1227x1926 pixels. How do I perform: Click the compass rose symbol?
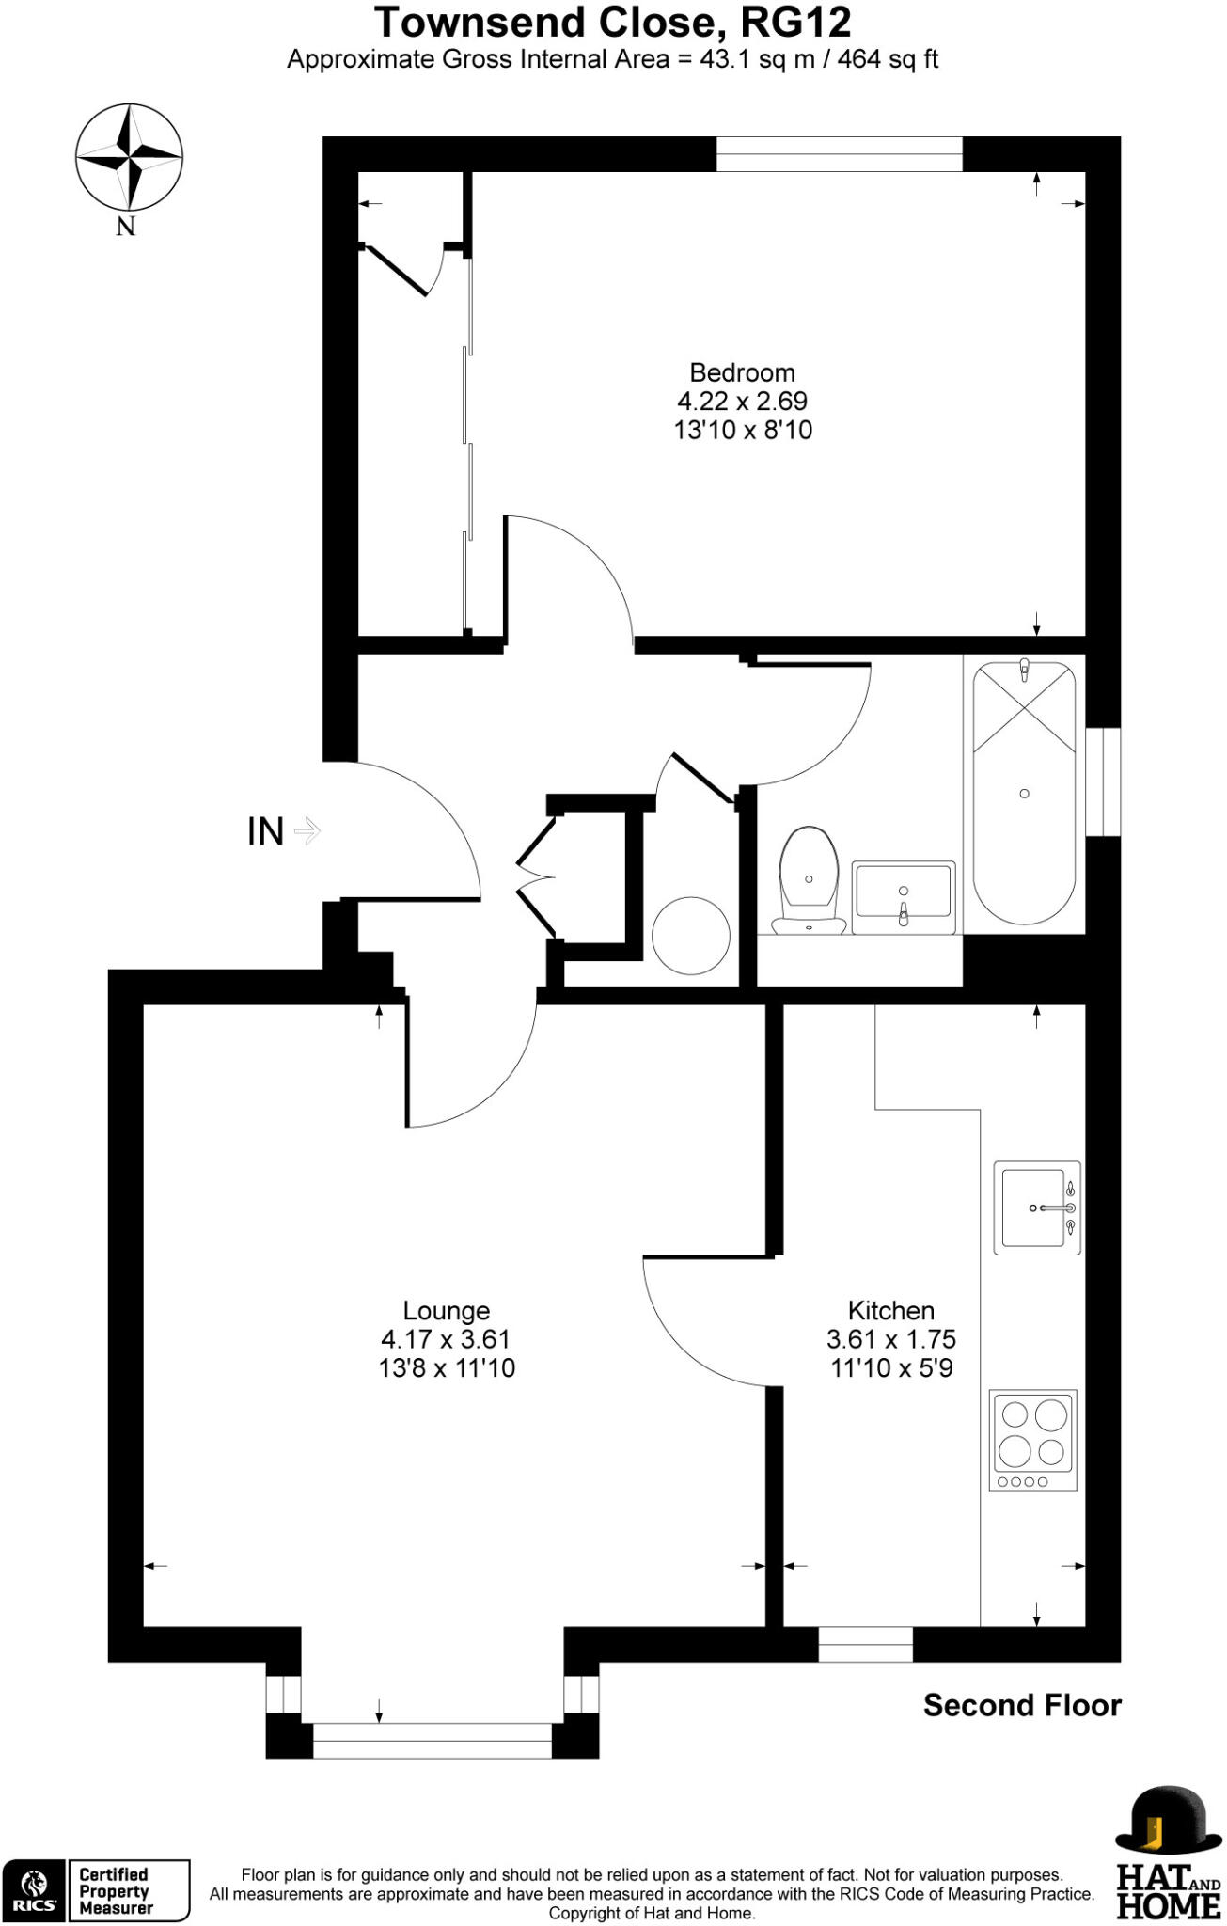click(129, 156)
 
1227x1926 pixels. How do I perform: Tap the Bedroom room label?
click(742, 372)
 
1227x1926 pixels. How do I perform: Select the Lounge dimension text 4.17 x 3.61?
click(447, 1339)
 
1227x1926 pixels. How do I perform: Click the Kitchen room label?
click(890, 1310)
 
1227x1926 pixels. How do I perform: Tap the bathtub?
click(1024, 793)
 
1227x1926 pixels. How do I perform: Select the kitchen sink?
click(1036, 1208)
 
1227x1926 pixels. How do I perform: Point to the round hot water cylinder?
click(691, 936)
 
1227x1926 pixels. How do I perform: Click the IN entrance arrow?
click(307, 830)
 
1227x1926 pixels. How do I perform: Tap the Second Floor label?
click(1022, 1705)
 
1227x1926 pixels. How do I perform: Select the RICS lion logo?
click(34, 1890)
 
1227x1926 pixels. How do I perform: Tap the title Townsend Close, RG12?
click(613, 23)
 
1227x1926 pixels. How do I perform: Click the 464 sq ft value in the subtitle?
click(888, 59)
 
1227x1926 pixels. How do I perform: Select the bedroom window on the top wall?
click(839, 154)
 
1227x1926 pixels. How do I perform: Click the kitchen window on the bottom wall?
click(865, 1644)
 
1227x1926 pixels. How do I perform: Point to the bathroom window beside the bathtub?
click(1103, 781)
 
